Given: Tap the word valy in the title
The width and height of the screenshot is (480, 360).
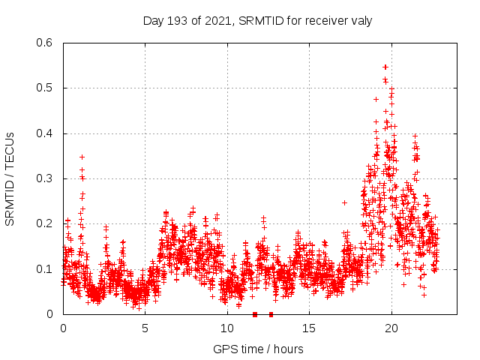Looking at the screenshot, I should tap(360, 20).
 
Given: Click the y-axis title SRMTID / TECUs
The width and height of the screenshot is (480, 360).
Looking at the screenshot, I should tap(10, 178).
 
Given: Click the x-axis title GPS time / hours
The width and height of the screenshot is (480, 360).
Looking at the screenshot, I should tap(258, 349).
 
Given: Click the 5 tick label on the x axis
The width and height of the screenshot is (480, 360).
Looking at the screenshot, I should tap(145, 328).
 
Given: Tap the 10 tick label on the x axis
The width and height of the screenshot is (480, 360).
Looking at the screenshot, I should tap(227, 328).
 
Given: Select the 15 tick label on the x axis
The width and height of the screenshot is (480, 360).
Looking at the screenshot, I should tap(309, 328).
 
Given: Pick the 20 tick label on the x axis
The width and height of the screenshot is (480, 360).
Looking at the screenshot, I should tap(391, 328).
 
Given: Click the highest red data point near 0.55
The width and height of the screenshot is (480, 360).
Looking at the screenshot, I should tap(385, 67).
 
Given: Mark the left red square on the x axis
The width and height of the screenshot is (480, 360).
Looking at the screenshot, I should tap(255, 314).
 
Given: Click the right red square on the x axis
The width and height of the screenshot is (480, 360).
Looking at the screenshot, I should tap(271, 314).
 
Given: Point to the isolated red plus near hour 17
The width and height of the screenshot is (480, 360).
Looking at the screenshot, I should tap(344, 202).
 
